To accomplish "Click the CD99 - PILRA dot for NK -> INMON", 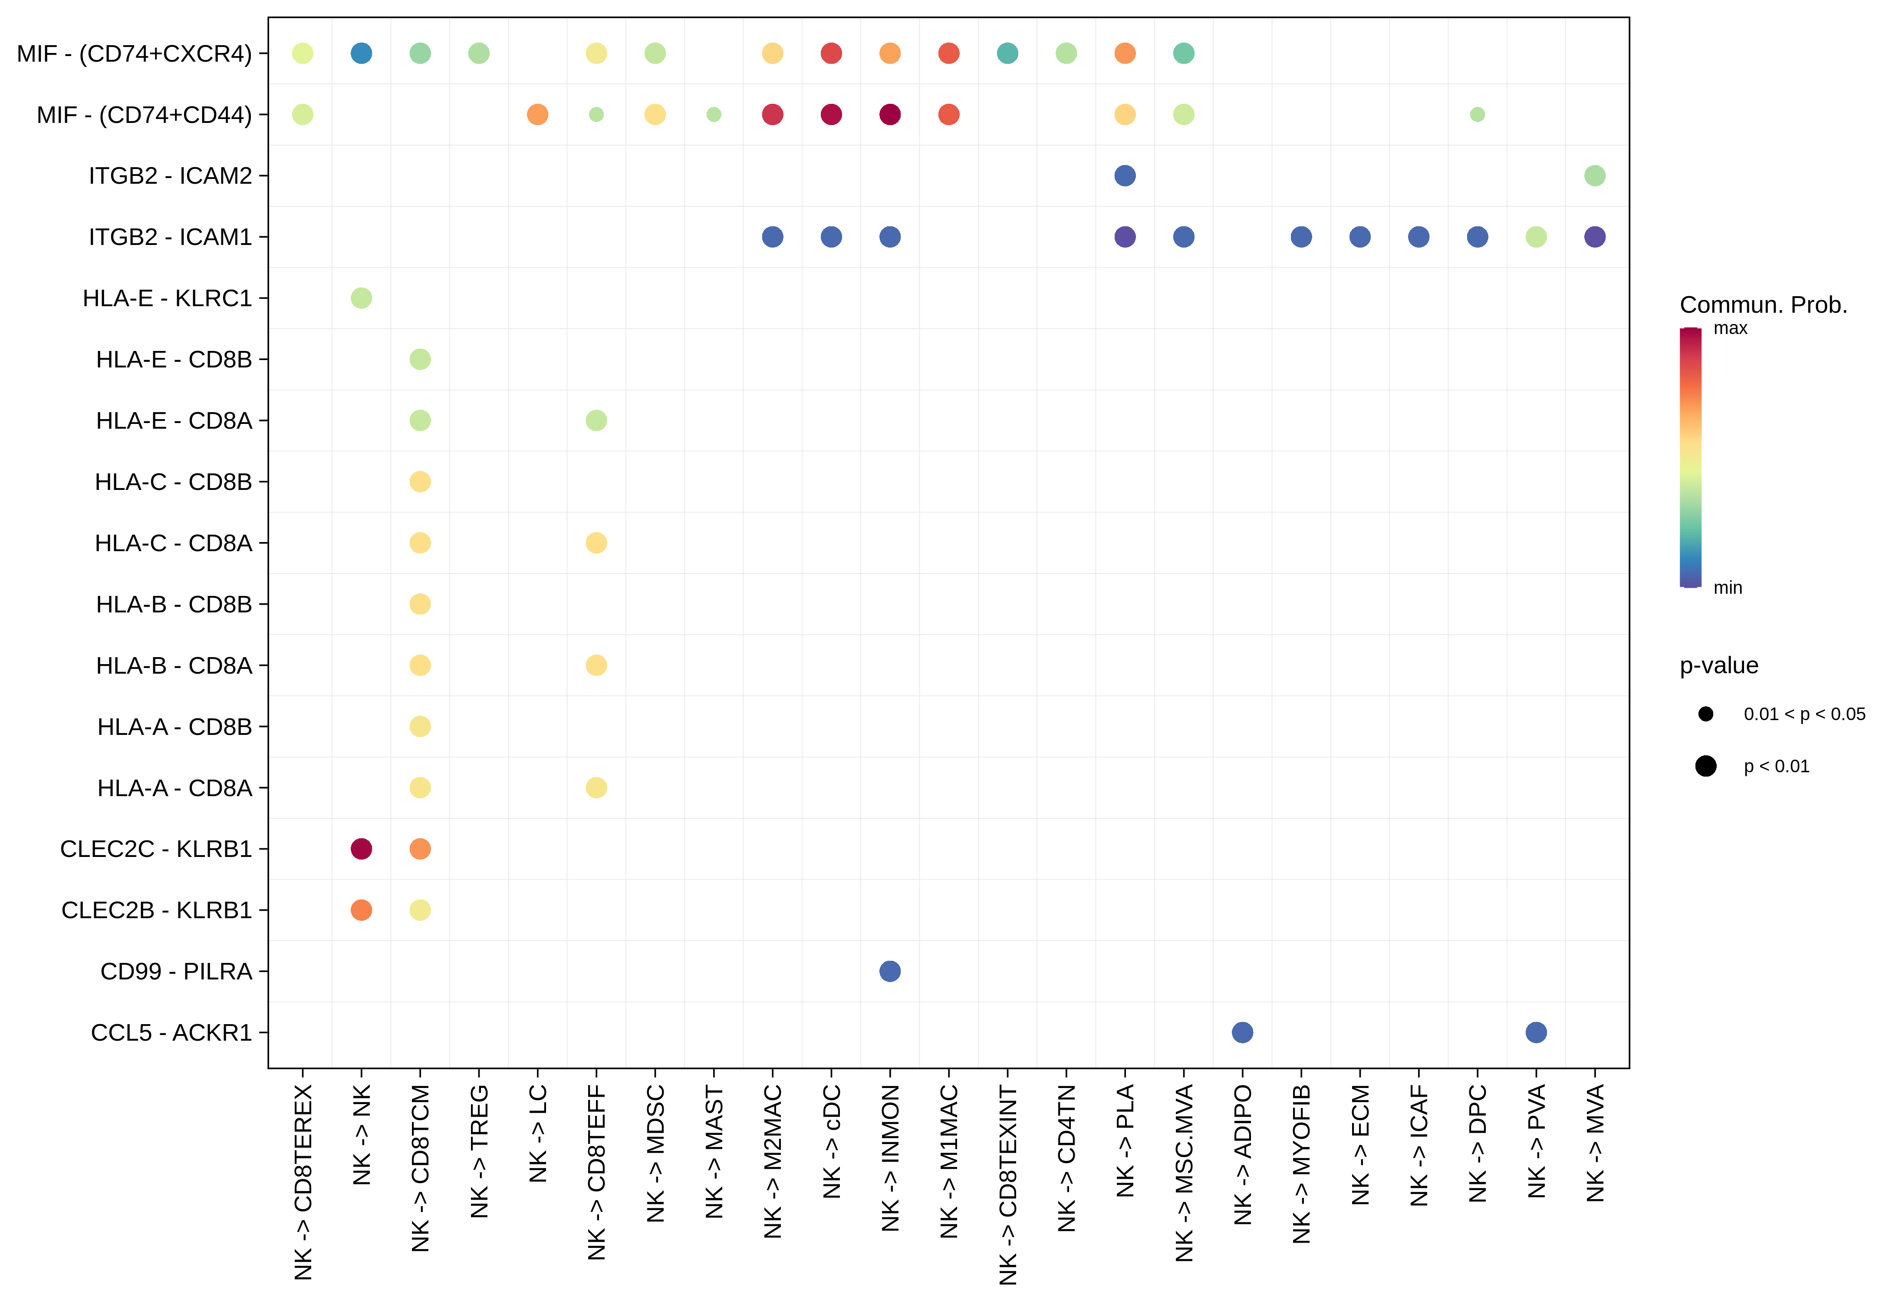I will tap(890, 971).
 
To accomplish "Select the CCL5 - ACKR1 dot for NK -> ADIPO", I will tap(1242, 1032).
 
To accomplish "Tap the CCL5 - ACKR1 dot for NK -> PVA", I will tap(1536, 1032).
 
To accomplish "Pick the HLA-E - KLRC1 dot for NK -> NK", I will tap(361, 298).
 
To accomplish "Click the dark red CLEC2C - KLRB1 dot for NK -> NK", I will tap(361, 849).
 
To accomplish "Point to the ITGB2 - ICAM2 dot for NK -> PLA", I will tap(1125, 176).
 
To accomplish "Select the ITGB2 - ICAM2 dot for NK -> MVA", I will tap(1595, 176).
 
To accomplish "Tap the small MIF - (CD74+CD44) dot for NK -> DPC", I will tap(1478, 114).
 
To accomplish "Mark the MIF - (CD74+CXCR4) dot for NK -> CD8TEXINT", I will tap(1007, 53).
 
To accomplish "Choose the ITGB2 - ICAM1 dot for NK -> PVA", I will tap(1536, 237).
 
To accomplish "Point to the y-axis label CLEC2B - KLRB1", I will tap(156, 911).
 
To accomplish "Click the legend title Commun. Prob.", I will tap(1763, 305).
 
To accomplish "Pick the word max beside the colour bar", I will tap(1730, 329).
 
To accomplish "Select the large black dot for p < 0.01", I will tap(1705, 766).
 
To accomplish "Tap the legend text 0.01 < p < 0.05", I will tap(1804, 714).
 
